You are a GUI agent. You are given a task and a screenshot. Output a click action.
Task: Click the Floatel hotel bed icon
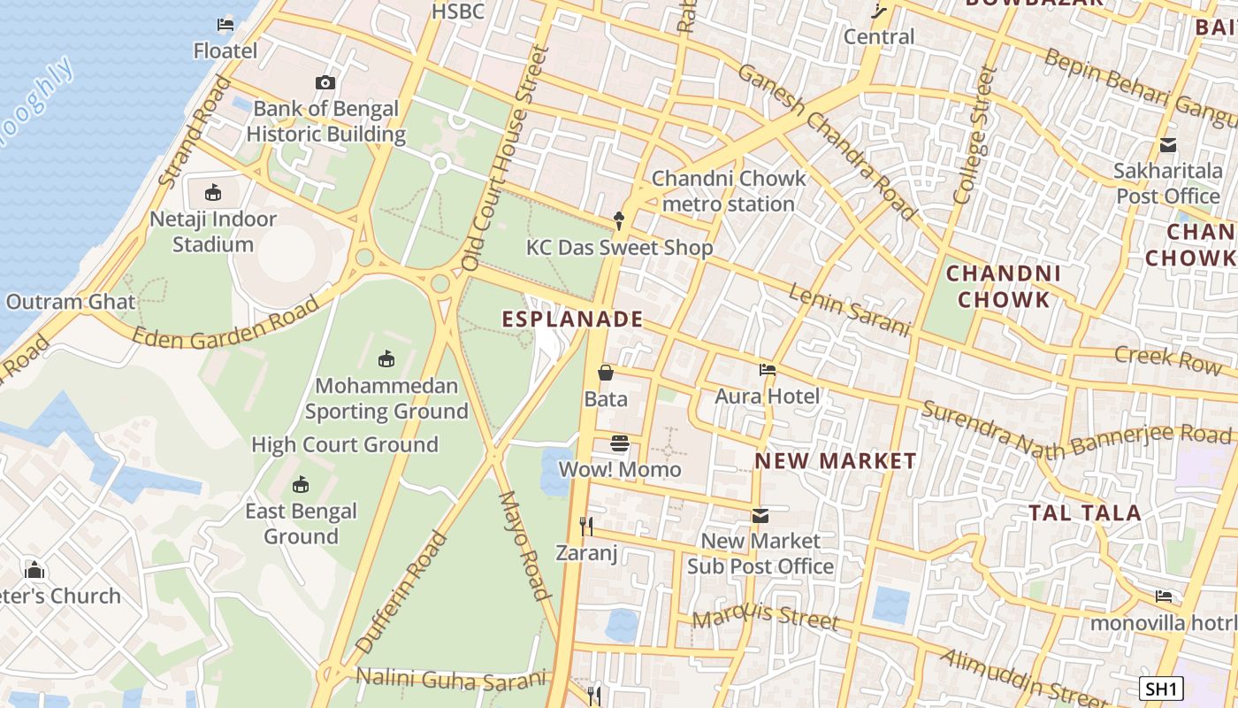(225, 24)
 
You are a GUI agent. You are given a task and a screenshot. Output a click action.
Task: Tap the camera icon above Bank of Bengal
(325, 82)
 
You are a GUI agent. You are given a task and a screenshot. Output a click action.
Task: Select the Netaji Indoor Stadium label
(213, 231)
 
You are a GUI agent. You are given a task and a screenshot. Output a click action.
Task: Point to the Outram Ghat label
(71, 302)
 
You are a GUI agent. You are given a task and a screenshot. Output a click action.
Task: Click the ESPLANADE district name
(572, 319)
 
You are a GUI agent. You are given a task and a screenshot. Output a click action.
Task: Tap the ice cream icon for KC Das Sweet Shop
(619, 221)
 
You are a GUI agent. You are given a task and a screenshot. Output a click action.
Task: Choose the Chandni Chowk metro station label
(729, 191)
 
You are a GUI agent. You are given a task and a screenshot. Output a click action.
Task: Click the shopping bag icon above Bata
(606, 373)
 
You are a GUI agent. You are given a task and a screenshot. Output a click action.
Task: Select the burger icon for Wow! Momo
(620, 443)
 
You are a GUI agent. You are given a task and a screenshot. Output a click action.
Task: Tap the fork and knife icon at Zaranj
(585, 527)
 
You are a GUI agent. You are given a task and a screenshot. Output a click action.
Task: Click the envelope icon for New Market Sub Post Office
(760, 515)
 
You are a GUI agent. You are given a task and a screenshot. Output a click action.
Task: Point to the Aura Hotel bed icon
(767, 370)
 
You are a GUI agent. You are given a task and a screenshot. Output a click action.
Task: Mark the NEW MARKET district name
(836, 461)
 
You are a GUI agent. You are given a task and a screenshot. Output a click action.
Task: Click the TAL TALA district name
(1085, 512)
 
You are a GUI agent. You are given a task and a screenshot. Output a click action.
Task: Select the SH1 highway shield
(1160, 689)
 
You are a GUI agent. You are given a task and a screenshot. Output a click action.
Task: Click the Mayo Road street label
(525, 546)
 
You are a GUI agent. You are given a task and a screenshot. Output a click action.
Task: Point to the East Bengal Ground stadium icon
(301, 485)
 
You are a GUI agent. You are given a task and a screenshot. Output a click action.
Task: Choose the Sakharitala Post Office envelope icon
(1167, 145)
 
